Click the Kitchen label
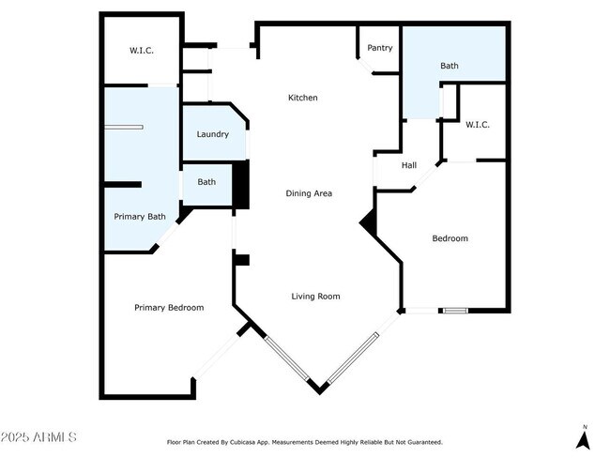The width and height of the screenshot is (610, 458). (302, 98)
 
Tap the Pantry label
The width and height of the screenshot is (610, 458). (380, 48)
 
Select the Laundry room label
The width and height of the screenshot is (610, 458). (212, 134)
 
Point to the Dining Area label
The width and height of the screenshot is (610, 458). (310, 193)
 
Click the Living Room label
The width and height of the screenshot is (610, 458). (315, 297)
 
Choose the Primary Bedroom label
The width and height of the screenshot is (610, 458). (169, 308)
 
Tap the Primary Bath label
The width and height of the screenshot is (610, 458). (140, 217)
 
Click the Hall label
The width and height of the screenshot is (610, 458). (409, 166)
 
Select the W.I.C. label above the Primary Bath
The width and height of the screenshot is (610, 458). (142, 51)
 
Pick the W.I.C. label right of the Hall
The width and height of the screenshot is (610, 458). (478, 125)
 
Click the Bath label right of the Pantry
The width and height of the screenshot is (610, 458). (450, 67)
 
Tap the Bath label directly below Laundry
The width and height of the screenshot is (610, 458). (206, 183)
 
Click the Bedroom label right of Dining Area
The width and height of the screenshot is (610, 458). (450, 238)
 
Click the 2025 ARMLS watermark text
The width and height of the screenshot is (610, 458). (39, 437)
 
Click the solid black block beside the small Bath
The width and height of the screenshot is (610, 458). (240, 185)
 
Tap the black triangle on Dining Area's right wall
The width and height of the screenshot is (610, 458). (370, 223)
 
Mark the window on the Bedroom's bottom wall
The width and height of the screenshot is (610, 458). (454, 310)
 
